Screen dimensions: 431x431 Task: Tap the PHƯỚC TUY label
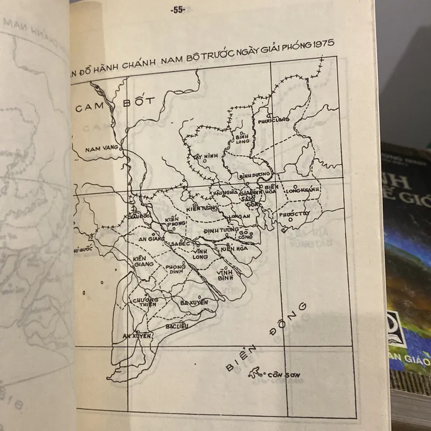pos(291,214)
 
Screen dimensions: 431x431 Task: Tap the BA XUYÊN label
pos(194,303)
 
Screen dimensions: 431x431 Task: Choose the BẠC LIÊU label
pos(177,326)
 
